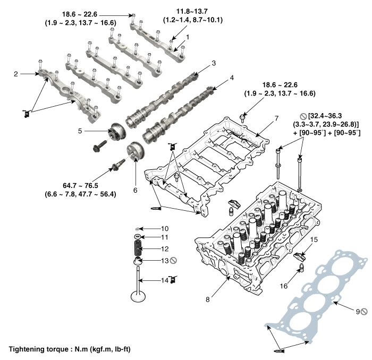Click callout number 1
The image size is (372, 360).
[x=187, y=38]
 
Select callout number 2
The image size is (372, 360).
[x=16, y=74]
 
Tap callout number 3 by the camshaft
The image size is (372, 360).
[x=214, y=63]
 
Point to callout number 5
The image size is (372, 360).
[x=95, y=130]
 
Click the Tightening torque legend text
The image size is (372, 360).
[x=70, y=349]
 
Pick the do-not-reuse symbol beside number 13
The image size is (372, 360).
[x=172, y=260]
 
